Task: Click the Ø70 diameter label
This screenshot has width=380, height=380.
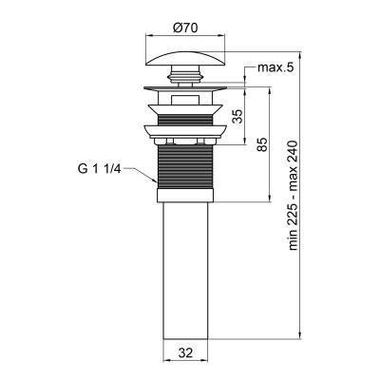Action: tap(184, 29)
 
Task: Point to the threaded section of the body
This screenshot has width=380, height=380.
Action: tap(184, 166)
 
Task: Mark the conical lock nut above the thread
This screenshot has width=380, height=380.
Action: tap(184, 134)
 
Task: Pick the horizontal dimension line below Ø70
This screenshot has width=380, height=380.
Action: tap(184, 39)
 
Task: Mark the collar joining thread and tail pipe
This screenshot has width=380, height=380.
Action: tap(184, 198)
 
